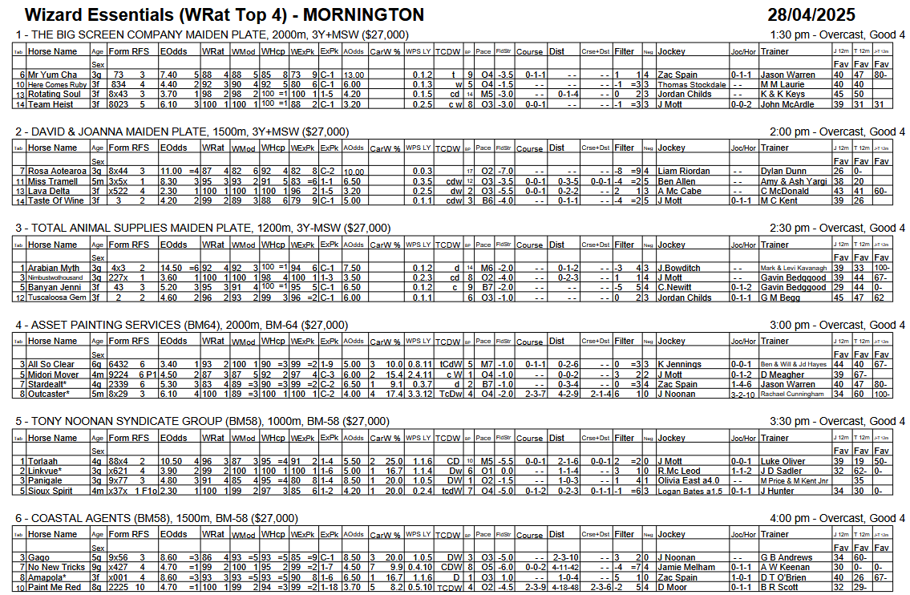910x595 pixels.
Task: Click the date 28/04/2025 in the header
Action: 811,14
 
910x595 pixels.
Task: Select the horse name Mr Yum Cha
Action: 53,75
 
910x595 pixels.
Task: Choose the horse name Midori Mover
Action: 54,374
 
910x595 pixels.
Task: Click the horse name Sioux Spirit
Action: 51,491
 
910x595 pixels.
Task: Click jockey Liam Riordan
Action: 684,172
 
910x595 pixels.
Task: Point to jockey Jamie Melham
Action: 688,568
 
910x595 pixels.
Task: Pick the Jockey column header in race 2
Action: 672,148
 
